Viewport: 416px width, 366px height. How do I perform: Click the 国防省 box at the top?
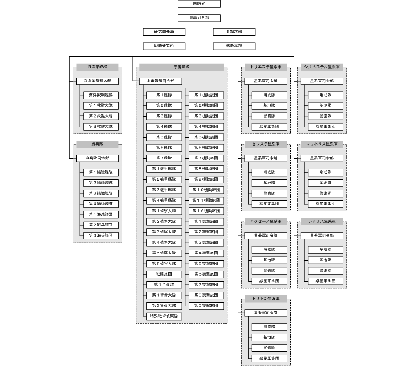click(x=199, y=4)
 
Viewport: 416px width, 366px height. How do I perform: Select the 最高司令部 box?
click(x=199, y=18)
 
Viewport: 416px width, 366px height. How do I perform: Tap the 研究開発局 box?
click(x=164, y=32)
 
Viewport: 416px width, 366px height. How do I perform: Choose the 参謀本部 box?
click(x=234, y=32)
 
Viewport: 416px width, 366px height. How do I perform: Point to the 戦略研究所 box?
click(x=164, y=46)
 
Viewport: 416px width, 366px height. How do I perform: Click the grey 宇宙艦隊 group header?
click(x=182, y=67)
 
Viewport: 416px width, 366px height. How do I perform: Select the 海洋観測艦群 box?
click(x=101, y=95)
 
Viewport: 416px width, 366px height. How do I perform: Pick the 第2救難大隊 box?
click(x=101, y=116)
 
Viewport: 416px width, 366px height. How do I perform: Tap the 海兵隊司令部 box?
click(x=97, y=158)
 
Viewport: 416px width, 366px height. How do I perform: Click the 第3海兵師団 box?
click(x=101, y=236)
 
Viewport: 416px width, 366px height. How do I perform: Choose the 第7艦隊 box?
click(x=164, y=158)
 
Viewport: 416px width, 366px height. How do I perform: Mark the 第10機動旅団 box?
click(x=206, y=190)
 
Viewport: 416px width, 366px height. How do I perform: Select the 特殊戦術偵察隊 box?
click(x=164, y=316)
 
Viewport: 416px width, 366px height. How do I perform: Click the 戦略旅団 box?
click(x=164, y=274)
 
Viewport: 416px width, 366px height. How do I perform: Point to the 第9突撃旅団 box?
click(x=206, y=306)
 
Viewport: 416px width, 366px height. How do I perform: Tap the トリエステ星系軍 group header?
click(x=266, y=67)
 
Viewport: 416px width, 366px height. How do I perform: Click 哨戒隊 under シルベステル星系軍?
click(x=326, y=95)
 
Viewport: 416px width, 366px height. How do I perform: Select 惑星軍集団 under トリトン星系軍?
click(x=269, y=359)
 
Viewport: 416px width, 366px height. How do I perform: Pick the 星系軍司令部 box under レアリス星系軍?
click(x=322, y=236)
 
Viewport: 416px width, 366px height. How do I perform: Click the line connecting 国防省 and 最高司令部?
click(x=199, y=11)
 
